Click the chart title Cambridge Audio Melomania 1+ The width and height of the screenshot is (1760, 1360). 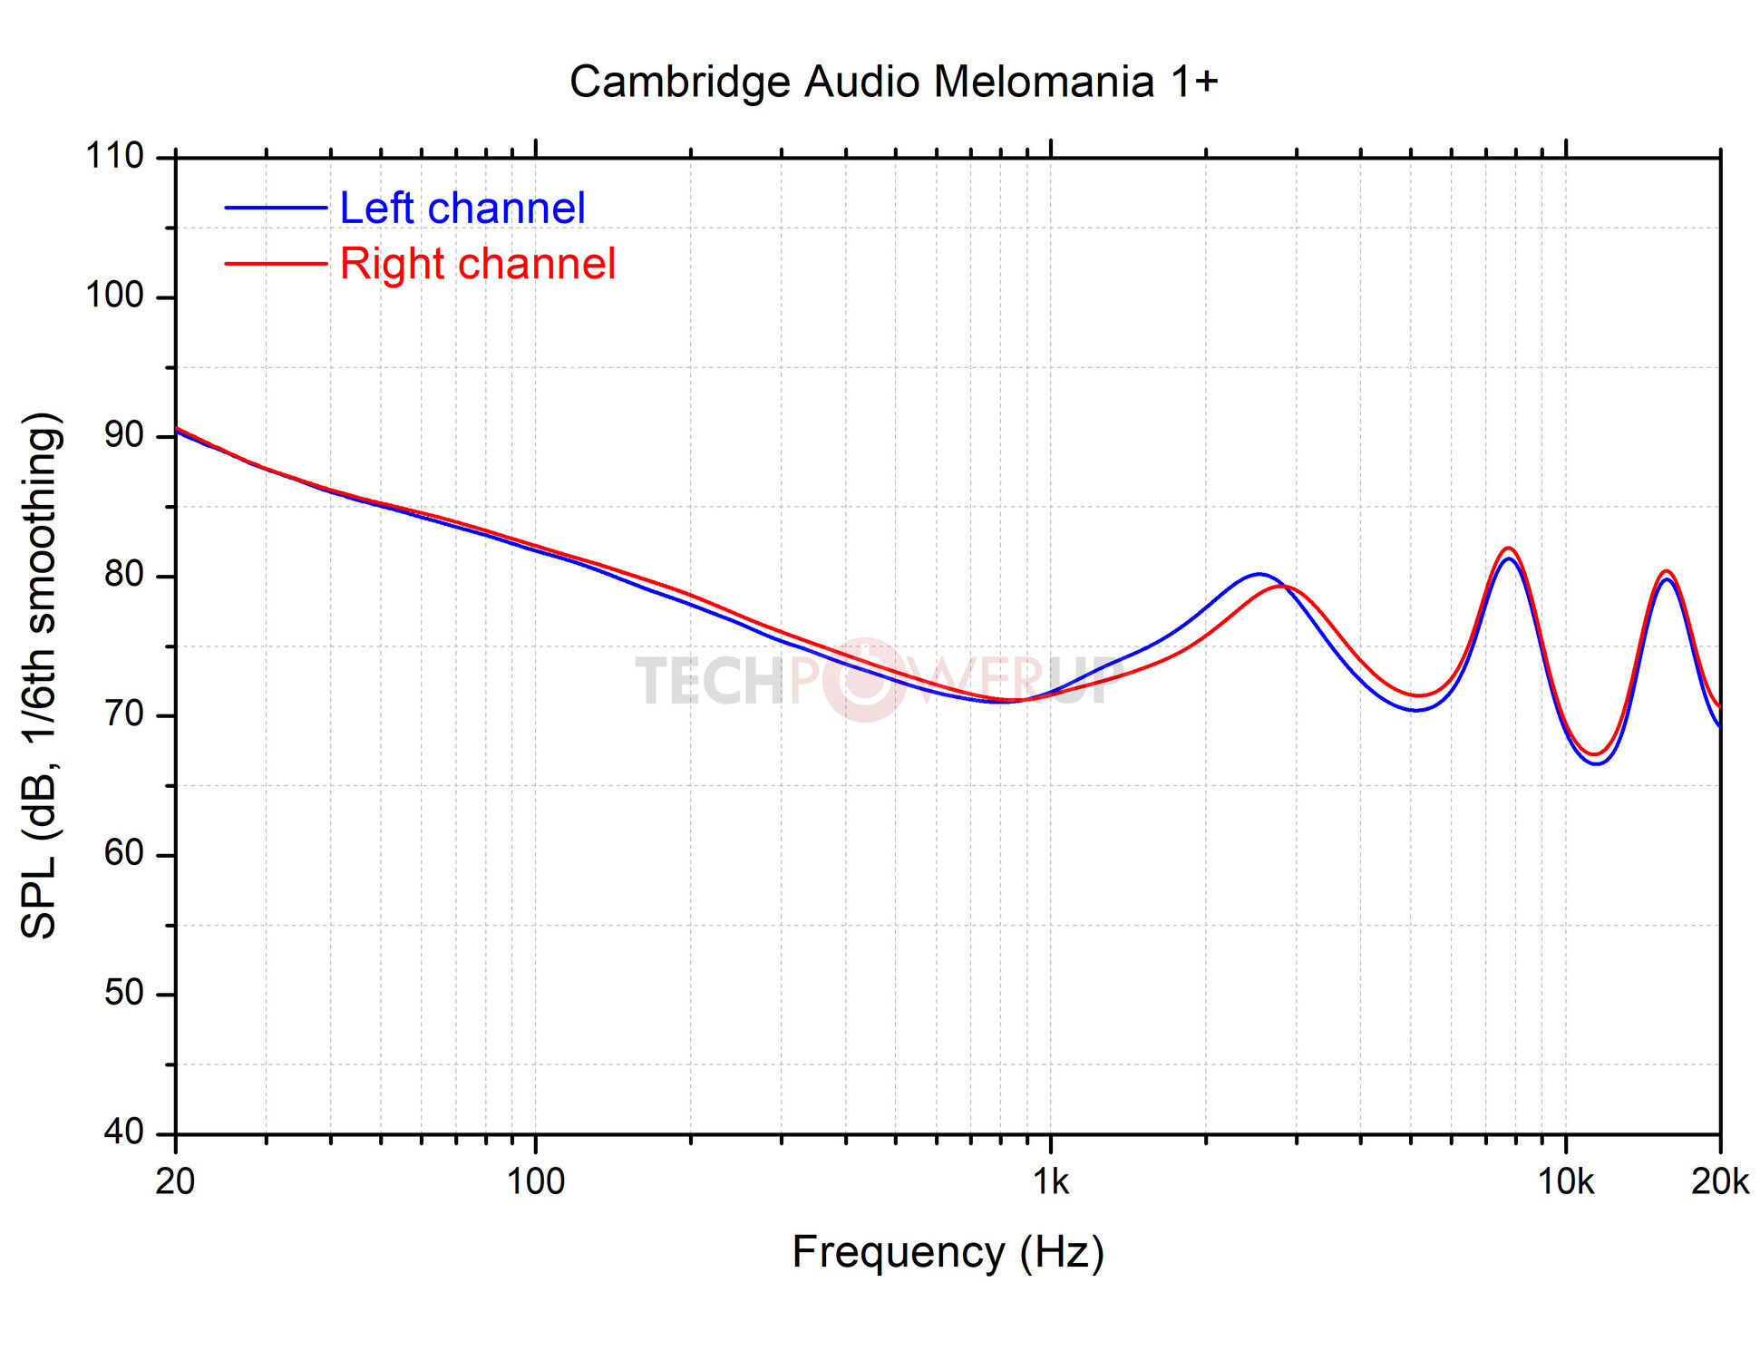pos(893,82)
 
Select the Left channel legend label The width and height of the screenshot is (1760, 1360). pos(462,209)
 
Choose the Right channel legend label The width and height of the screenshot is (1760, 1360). pos(478,264)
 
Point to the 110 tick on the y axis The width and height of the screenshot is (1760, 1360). pos(114,157)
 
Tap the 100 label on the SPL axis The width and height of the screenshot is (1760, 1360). pos(114,296)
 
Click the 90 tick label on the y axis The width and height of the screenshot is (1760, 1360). pos(124,435)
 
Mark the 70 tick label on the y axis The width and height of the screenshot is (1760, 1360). pos(124,714)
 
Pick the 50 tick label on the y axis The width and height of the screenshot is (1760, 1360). pos(124,993)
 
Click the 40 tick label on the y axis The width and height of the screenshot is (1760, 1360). pos(124,1132)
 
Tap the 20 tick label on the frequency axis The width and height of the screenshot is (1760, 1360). pos(175,1182)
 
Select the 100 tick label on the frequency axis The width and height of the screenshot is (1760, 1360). pos(535,1182)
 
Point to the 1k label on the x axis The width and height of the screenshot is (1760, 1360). pos(1051,1182)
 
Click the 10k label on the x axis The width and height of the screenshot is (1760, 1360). pos(1566,1182)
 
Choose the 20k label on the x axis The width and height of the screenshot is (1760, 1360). pos(1719,1182)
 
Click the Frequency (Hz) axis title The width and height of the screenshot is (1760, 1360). pos(948,1252)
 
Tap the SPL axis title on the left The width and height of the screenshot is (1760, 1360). pos(40,675)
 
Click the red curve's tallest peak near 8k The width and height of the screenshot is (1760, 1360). pos(1509,548)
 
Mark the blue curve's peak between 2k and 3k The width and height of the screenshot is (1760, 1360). pos(1259,574)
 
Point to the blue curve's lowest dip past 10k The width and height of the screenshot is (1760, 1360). pos(1597,763)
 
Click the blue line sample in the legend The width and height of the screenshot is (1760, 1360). pos(276,209)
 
